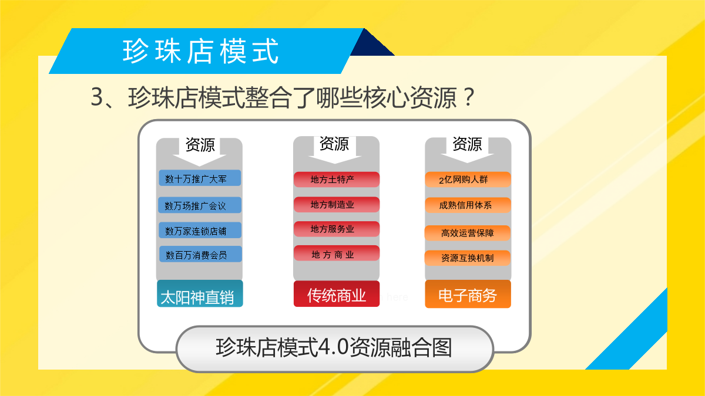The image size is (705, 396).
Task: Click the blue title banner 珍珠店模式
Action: (206, 51)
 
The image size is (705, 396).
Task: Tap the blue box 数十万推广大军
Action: (200, 178)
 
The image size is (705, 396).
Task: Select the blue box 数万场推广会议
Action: (200, 205)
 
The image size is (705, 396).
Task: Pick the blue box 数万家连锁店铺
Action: (200, 231)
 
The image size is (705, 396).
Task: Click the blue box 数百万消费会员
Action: (200, 254)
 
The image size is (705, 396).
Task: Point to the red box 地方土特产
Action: (337, 180)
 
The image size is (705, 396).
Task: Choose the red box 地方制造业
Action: (337, 205)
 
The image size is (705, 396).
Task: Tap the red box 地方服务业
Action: (337, 229)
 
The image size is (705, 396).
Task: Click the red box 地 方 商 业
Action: (337, 253)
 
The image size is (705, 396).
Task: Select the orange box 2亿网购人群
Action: (468, 180)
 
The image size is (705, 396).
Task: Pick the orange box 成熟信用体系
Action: (468, 205)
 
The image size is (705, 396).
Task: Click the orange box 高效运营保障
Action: (468, 233)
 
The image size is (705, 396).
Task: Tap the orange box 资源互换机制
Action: (468, 258)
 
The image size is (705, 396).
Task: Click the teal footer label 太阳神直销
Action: (200, 293)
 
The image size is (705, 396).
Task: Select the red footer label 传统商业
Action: (337, 294)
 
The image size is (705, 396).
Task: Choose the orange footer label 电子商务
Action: (468, 294)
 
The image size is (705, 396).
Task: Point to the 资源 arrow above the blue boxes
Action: (200, 151)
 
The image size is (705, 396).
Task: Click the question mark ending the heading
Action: (469, 97)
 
